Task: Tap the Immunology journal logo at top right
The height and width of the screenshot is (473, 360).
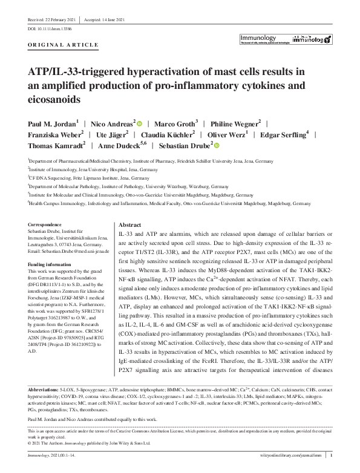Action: coord(285,39)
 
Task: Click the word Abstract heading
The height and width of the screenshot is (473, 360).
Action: coord(130,224)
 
